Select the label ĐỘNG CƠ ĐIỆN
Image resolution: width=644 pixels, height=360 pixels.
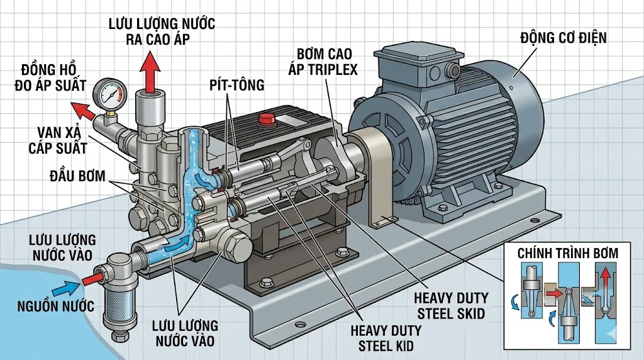pos(563,38)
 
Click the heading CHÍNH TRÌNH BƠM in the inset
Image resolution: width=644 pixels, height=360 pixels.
pos(568,253)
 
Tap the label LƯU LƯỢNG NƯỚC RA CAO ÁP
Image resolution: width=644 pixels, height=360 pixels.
pos(162,31)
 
